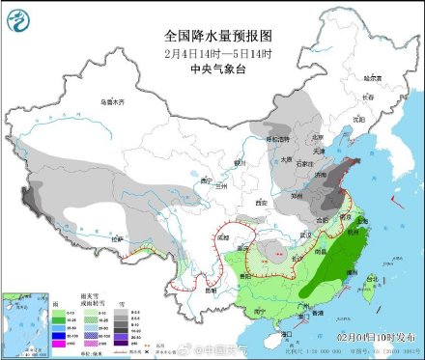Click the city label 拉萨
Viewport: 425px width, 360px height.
[118, 238]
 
